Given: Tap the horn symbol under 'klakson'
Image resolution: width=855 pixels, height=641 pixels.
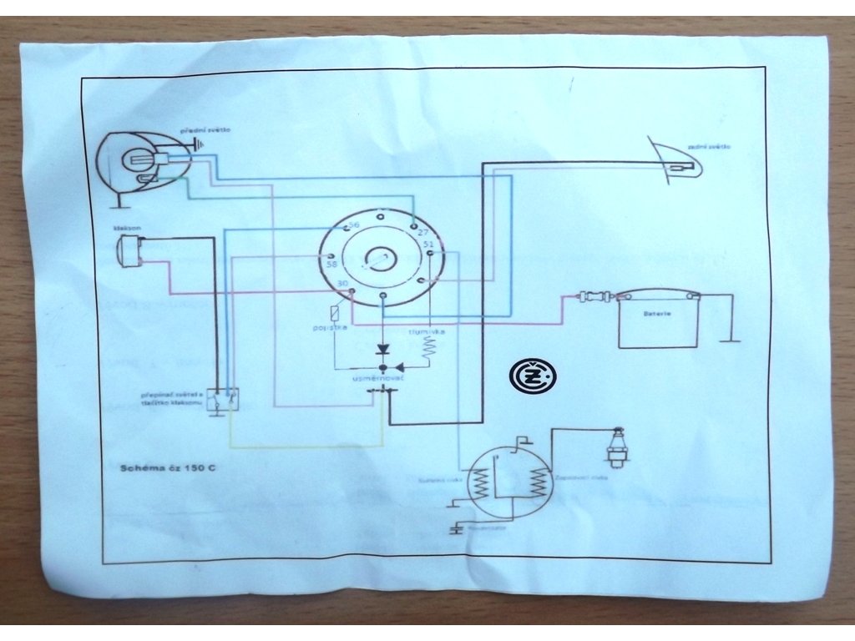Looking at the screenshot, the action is click(130, 250).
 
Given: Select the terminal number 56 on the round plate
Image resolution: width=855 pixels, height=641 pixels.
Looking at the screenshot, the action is click(353, 226).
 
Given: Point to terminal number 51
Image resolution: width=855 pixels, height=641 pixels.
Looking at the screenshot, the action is click(428, 244).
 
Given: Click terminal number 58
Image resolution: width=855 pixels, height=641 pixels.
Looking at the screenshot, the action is click(331, 265).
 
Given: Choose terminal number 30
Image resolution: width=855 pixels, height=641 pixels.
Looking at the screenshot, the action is click(341, 285).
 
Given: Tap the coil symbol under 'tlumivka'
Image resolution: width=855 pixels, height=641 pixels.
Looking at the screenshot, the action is click(429, 348).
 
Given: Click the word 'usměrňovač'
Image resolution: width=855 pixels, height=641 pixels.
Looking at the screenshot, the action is click(377, 379).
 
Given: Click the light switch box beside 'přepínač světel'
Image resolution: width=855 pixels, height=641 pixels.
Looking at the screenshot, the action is click(224, 400).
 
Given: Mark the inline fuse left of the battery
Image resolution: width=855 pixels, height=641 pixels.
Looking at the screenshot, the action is click(595, 295).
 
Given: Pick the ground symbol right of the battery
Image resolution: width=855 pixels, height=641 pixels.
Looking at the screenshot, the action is click(731, 339).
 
